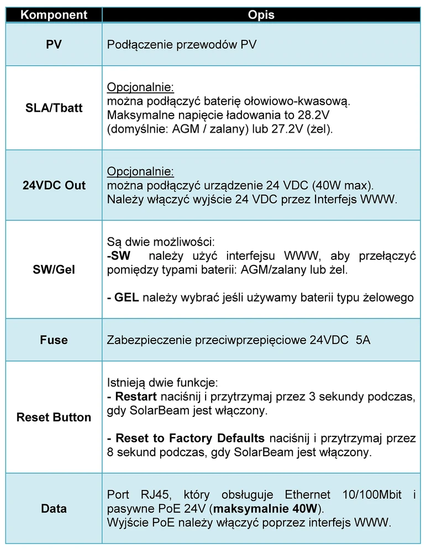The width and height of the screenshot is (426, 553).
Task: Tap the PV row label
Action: [x=54, y=44]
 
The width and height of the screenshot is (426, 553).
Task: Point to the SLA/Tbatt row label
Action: [x=54, y=108]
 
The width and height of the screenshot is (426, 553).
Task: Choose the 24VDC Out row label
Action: [x=54, y=185]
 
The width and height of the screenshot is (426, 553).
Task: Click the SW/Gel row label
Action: [x=54, y=270]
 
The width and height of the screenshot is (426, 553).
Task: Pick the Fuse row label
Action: [x=54, y=340]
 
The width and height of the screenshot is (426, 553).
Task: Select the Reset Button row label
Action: [x=54, y=418]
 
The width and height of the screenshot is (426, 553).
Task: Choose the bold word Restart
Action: [x=136, y=397]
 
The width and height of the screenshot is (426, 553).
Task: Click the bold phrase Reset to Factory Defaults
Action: [x=190, y=439]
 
